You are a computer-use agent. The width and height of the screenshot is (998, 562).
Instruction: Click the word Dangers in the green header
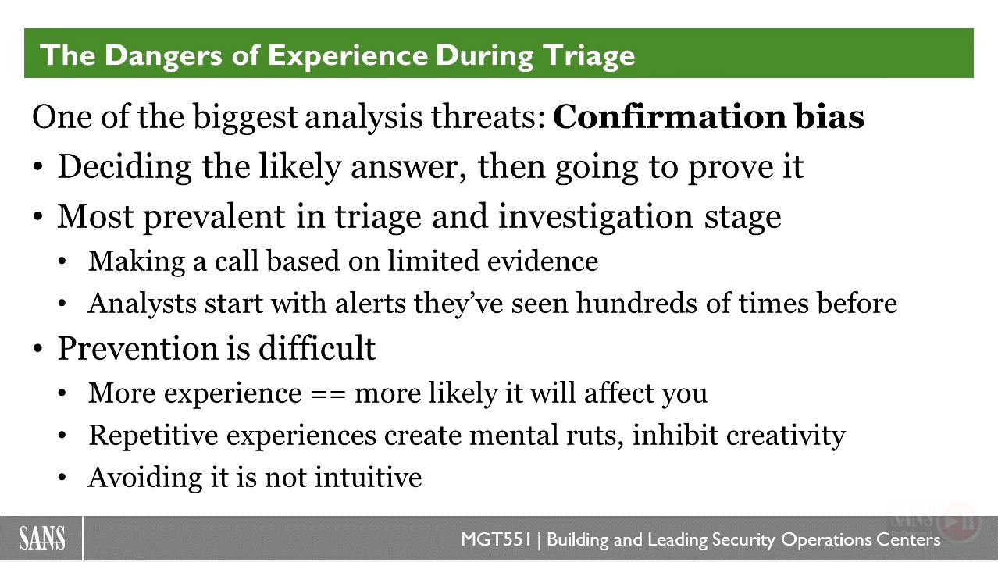pyautogui.click(x=163, y=55)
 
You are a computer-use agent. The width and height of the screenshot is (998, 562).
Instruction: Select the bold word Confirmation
pyautogui.click(x=669, y=116)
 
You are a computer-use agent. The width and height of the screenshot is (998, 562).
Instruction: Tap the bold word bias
pyautogui.click(x=829, y=116)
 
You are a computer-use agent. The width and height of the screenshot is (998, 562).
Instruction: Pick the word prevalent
pyautogui.click(x=214, y=217)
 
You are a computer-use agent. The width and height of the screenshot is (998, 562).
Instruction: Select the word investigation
pyautogui.click(x=595, y=217)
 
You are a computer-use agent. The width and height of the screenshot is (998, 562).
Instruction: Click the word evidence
pyautogui.click(x=542, y=261)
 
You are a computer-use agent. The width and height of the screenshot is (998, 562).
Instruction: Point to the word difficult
pyautogui.click(x=317, y=348)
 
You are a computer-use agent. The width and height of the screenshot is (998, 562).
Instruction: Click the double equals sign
pyautogui.click(x=328, y=394)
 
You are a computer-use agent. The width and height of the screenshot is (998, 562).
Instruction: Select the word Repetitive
pyautogui.click(x=153, y=436)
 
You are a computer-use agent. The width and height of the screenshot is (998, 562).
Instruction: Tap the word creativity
pyautogui.click(x=786, y=436)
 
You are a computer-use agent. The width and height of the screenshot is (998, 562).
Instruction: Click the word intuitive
pyautogui.click(x=368, y=478)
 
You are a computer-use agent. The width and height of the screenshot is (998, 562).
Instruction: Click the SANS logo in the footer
pyautogui.click(x=42, y=539)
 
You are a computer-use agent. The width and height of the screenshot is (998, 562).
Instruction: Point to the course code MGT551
pyautogui.click(x=497, y=539)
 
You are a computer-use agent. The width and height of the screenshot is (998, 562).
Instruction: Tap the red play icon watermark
pyautogui.click(x=959, y=522)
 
